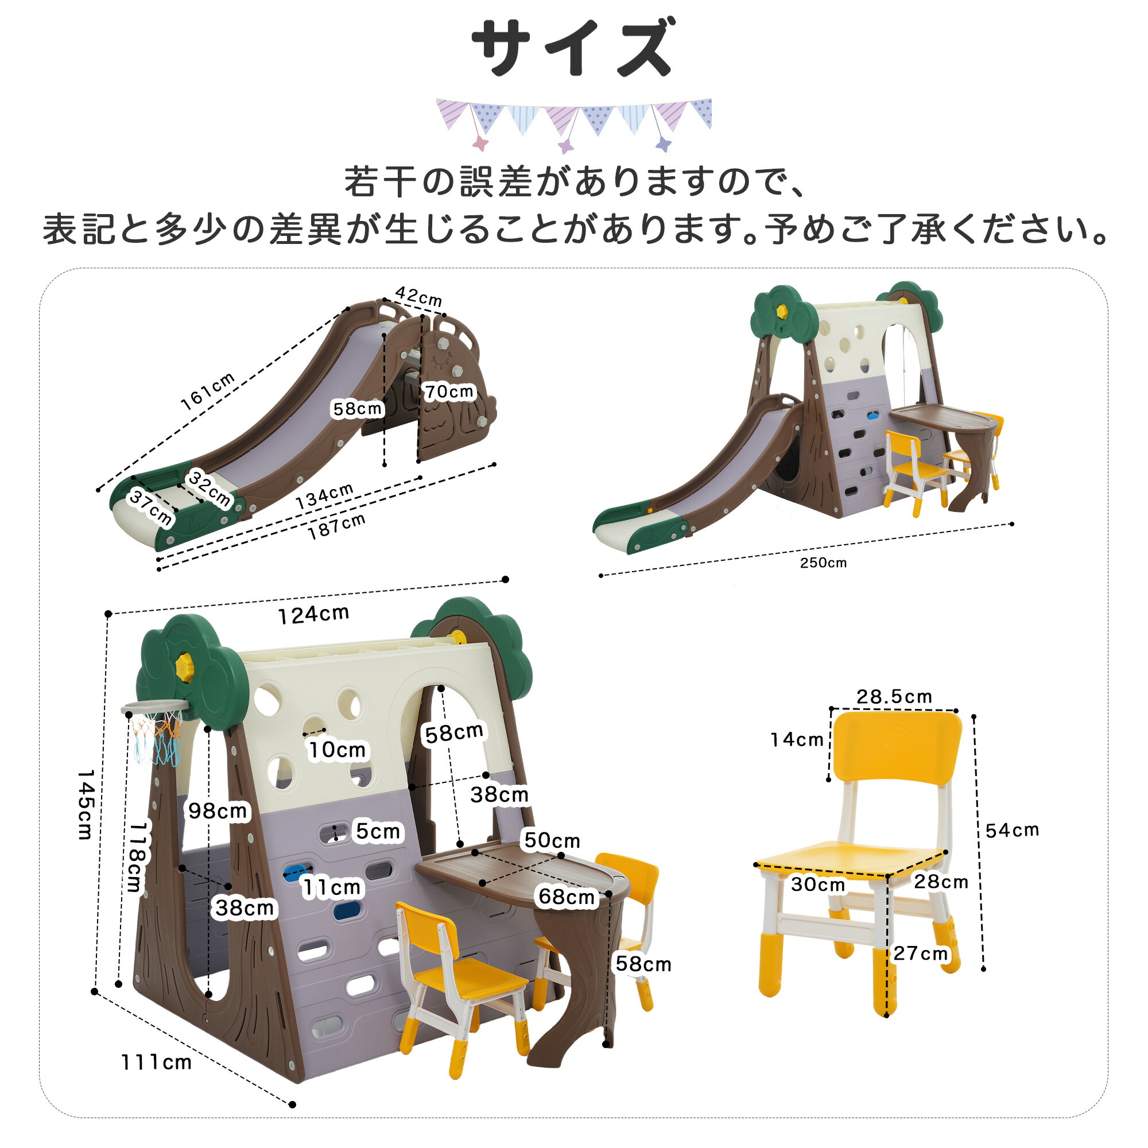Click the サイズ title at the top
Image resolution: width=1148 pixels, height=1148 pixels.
tap(574, 48)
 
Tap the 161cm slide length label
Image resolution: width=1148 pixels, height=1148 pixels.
tap(208, 391)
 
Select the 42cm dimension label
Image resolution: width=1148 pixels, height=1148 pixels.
tap(419, 296)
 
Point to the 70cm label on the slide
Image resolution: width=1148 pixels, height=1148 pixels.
tap(449, 391)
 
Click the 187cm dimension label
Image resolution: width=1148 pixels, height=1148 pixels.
tap(336, 526)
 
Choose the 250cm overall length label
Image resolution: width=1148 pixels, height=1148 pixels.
tap(823, 563)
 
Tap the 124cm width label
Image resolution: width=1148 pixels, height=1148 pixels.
tap(314, 614)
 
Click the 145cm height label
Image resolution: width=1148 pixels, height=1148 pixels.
tap(86, 805)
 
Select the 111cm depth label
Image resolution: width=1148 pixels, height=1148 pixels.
tap(156, 1062)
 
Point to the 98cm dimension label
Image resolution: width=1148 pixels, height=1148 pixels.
tap(218, 810)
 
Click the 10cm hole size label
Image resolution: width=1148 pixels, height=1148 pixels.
tap(337, 750)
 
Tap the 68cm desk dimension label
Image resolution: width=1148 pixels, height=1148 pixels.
tap(567, 897)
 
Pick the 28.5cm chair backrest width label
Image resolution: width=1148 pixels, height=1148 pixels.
tap(894, 696)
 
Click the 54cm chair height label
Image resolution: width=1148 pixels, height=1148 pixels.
tap(1012, 830)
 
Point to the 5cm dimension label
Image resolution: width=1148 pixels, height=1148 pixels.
tap(378, 831)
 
